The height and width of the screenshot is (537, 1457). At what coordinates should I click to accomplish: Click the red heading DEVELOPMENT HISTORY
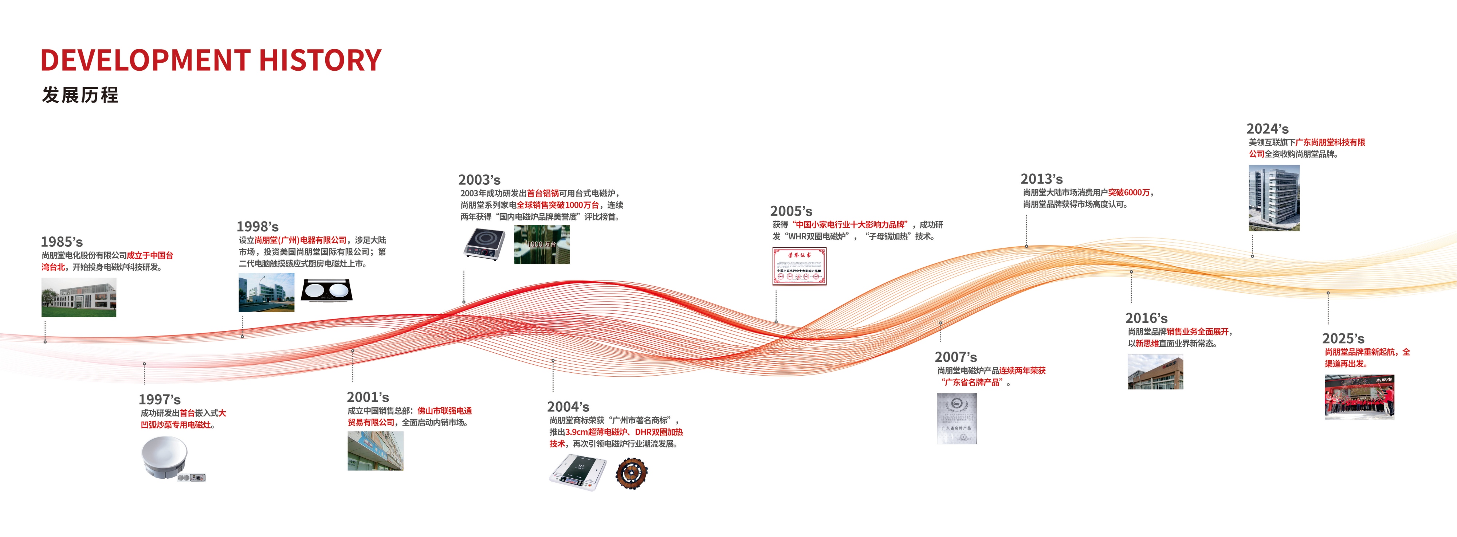pyautogui.click(x=211, y=60)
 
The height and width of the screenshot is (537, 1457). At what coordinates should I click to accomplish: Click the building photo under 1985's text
pyautogui.click(x=79, y=297)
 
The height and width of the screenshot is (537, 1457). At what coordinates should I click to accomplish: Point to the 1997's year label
pyautogui.click(x=160, y=400)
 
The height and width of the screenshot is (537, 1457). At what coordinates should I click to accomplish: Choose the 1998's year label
pyautogui.click(x=258, y=226)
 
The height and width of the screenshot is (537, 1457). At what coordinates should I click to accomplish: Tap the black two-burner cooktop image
pyautogui.click(x=326, y=291)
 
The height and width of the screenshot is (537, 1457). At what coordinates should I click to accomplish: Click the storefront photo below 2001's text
pyautogui.click(x=376, y=451)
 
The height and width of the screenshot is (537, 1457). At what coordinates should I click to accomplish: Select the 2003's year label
pyautogui.click(x=479, y=180)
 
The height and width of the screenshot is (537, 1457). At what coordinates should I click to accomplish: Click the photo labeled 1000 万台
pyautogui.click(x=541, y=244)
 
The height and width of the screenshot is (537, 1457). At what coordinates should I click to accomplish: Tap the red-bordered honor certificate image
pyautogui.click(x=799, y=266)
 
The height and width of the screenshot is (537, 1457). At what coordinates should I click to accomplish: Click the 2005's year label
pyautogui.click(x=791, y=211)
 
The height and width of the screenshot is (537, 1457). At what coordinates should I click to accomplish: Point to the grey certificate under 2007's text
pyautogui.click(x=957, y=419)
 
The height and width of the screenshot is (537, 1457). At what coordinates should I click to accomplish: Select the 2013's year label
pyautogui.click(x=1041, y=179)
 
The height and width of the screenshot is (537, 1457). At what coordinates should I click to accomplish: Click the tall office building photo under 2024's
pyautogui.click(x=1274, y=198)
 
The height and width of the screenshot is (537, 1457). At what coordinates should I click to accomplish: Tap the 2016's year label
pyautogui.click(x=1146, y=318)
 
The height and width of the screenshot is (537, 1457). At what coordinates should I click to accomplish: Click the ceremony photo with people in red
pyautogui.click(x=1359, y=397)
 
